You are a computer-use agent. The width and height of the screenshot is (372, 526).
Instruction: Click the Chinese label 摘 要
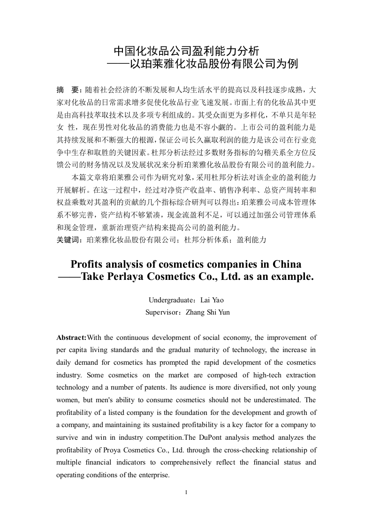[68, 89]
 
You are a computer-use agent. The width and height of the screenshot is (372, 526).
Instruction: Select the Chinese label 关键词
[68, 239]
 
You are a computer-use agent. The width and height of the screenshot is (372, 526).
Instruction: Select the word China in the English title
[284, 264]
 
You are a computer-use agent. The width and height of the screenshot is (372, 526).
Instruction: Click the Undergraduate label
[170, 300]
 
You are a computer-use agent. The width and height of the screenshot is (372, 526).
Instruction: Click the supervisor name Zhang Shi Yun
[208, 312]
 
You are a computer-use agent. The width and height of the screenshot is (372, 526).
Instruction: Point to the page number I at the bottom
[186, 492]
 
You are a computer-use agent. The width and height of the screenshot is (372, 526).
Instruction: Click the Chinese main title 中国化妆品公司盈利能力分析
[186, 50]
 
